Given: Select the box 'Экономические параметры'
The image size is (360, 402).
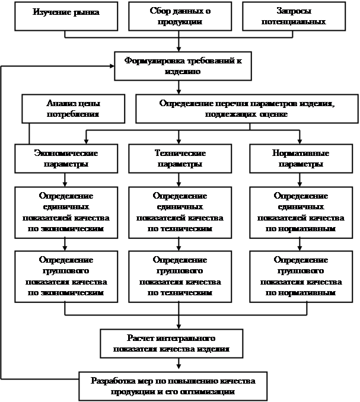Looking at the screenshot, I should pos(66,158).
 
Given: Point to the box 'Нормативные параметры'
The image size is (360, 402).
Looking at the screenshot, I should pos(301,158).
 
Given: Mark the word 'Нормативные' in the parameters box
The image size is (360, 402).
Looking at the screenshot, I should pos(301,153).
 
